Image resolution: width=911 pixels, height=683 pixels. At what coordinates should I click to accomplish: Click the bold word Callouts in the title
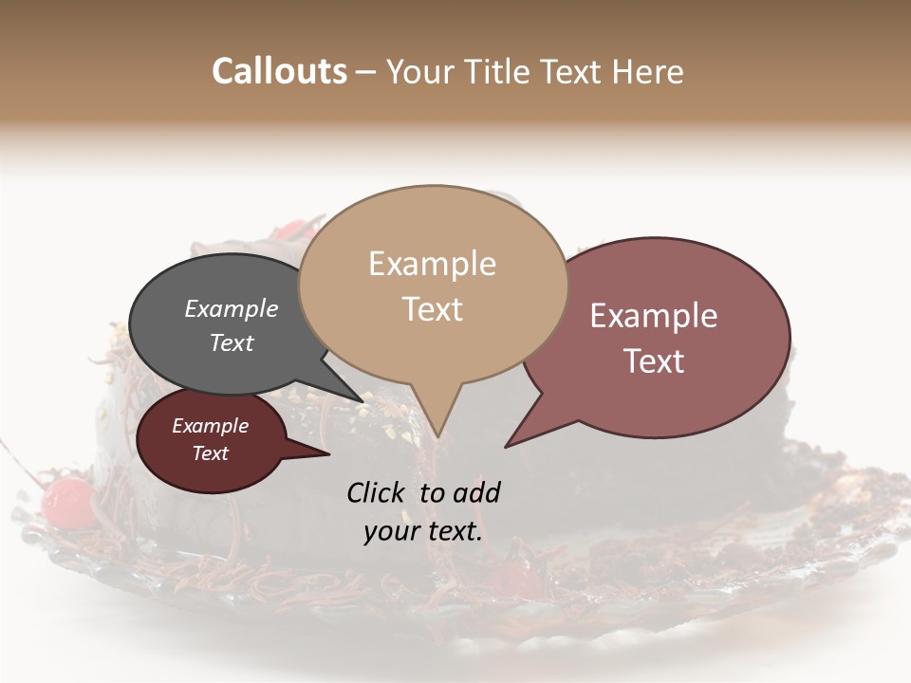[279, 71]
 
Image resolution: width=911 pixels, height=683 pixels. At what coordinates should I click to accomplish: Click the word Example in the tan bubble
[432, 264]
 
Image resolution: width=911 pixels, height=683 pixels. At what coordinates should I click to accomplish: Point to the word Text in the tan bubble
[432, 309]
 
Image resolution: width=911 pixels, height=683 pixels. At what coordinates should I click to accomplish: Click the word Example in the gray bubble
[231, 309]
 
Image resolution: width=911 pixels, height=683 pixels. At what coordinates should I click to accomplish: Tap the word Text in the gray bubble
[231, 342]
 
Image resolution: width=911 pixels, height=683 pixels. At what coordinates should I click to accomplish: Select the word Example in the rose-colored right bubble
[653, 316]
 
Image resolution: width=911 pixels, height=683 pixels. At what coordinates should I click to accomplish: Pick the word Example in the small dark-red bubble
[210, 426]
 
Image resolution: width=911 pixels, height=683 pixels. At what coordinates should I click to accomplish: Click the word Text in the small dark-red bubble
[210, 453]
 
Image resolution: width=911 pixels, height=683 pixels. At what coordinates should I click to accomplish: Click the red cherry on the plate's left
[66, 501]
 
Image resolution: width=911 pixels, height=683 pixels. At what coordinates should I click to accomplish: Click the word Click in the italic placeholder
[376, 492]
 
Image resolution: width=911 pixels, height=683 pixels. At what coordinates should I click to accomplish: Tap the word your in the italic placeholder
[390, 532]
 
